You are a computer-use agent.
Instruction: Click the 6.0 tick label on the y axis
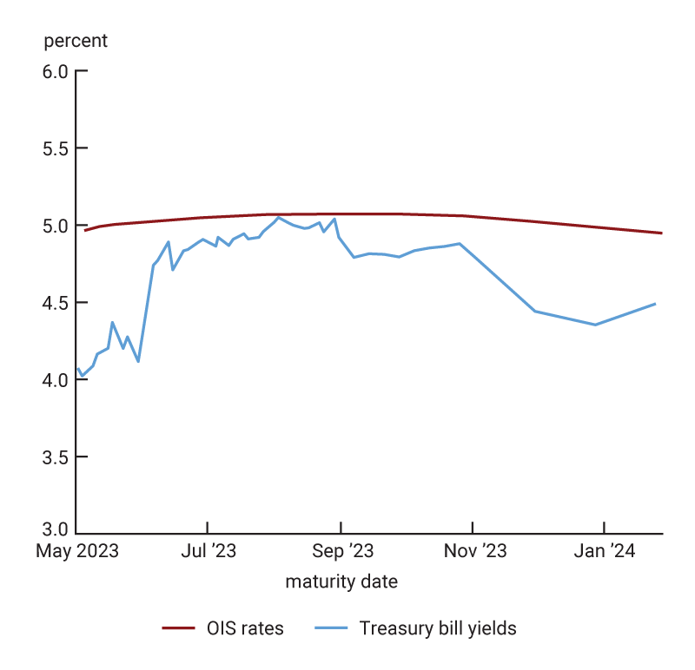pos(55,71)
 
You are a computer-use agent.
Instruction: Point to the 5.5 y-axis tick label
pos(55,148)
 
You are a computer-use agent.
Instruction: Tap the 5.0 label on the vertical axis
pos(55,226)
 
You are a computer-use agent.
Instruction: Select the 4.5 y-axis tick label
pos(55,303)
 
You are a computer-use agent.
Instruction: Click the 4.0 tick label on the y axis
pos(55,380)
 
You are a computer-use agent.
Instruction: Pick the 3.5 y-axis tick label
pos(55,457)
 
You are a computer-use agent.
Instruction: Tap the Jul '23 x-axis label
pos(208,551)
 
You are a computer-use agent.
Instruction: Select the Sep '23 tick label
pos(341,551)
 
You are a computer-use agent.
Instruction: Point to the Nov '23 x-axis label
pos(473,551)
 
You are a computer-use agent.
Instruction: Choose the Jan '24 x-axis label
pos(605,551)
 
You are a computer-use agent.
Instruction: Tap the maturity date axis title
pos(341,581)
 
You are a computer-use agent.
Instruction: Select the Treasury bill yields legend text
pos(438,628)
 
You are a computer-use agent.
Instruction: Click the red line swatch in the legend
pos(182,628)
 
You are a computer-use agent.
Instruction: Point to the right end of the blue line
pos(655,304)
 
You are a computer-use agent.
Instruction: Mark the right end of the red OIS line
pos(662,233)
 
